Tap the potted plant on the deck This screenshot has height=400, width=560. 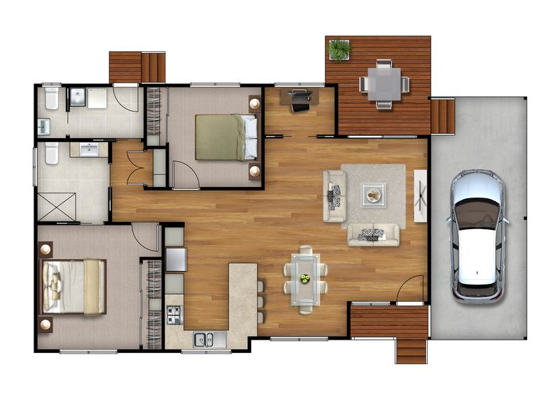339,49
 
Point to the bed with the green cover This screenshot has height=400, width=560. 225,137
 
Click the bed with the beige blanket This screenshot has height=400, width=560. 73,286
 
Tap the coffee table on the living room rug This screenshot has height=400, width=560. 373,195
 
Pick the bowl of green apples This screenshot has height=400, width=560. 305,279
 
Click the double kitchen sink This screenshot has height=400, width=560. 204,339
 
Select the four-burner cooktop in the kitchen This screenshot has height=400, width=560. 174,316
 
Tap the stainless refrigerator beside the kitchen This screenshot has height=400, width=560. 175,258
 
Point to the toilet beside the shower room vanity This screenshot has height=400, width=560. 51,153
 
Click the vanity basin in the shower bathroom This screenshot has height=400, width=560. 89,150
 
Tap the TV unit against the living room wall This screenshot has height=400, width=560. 421,195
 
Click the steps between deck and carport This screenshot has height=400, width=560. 442,116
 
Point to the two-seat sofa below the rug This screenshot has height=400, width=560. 373,235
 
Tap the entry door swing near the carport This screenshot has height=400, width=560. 413,289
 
